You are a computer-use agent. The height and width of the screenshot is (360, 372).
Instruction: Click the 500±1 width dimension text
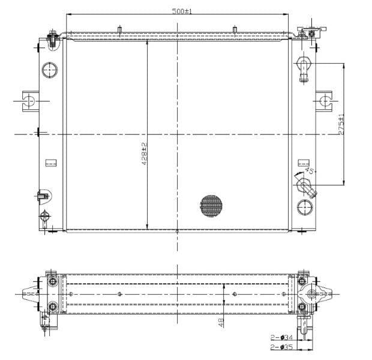(181, 11)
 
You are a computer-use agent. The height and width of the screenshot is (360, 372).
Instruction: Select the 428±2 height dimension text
(144, 154)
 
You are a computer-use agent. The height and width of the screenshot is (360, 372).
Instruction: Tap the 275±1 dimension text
(341, 124)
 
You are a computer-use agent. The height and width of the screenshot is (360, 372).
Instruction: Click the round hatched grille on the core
(211, 205)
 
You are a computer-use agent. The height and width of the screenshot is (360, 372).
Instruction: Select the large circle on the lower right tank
(305, 208)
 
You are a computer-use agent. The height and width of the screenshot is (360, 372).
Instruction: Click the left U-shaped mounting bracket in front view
(29, 100)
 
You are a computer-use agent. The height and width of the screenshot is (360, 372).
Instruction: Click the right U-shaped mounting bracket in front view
(324, 100)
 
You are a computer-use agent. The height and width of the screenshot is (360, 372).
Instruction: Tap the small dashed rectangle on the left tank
(51, 162)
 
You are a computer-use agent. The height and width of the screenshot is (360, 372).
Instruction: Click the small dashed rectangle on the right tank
(304, 162)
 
